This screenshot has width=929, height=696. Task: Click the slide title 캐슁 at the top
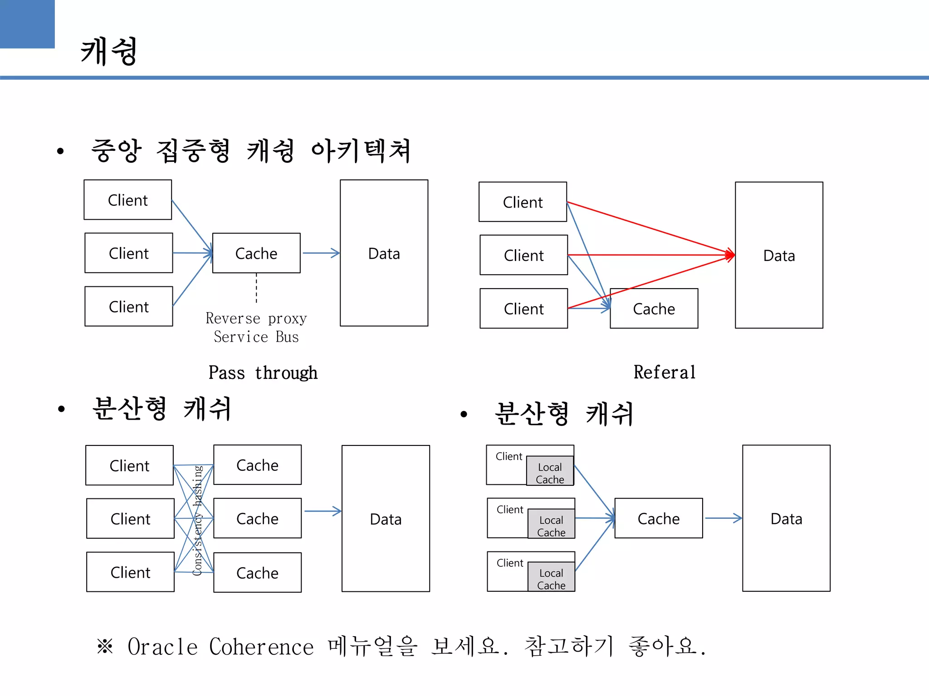(109, 51)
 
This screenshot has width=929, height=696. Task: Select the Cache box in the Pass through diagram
(256, 253)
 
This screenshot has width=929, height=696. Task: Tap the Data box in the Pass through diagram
(384, 253)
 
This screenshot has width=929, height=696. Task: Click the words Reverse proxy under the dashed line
(256, 318)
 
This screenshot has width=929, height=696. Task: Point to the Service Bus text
(256, 337)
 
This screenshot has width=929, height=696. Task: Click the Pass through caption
(263, 373)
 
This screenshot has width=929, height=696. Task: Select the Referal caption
(665, 372)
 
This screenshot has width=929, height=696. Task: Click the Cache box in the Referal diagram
(654, 309)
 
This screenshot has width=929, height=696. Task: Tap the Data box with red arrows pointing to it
(779, 256)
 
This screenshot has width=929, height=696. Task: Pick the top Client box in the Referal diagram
(523, 202)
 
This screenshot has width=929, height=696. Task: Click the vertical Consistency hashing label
(197, 520)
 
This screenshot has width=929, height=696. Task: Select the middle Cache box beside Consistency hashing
(257, 519)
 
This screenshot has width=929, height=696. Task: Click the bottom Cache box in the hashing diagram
(257, 573)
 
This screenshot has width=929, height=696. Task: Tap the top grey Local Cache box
(550, 472)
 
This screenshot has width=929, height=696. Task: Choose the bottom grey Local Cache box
(551, 579)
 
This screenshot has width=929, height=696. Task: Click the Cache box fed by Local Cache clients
(658, 519)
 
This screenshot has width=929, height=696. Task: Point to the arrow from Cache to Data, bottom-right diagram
(723, 518)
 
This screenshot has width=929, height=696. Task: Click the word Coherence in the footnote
(261, 647)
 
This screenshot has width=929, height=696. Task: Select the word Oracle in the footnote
(162, 647)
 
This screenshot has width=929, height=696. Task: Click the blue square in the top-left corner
(27, 24)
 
